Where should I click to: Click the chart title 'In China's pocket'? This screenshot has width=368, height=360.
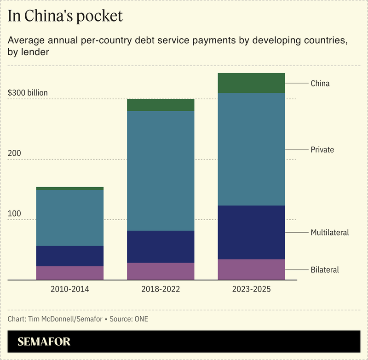click(x=65, y=16)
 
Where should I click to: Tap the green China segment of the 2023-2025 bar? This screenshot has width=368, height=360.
click(x=251, y=83)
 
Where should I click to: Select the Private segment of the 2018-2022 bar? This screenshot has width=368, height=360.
click(x=161, y=171)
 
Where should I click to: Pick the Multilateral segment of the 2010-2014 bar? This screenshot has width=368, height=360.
click(x=70, y=256)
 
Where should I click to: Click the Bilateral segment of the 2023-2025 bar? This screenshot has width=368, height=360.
click(x=251, y=269)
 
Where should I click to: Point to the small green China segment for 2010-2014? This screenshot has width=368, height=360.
click(x=70, y=189)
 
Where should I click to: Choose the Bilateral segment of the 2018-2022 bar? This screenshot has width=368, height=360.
click(x=161, y=271)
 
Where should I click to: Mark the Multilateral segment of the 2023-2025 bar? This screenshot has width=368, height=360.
click(x=251, y=232)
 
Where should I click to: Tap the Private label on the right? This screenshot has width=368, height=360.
click(x=322, y=150)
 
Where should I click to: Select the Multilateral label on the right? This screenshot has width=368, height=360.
click(x=329, y=233)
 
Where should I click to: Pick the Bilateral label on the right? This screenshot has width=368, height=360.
click(x=325, y=270)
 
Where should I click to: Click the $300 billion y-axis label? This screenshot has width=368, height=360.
click(x=28, y=93)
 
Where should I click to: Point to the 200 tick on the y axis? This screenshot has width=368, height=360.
click(x=15, y=153)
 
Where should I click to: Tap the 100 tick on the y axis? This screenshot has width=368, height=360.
click(x=15, y=214)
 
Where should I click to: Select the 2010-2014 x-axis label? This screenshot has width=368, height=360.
click(x=70, y=290)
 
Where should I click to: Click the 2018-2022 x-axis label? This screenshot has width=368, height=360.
click(x=161, y=290)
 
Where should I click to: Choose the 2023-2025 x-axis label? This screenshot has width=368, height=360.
click(x=251, y=290)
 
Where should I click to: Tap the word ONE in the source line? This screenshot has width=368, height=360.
click(x=141, y=319)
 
